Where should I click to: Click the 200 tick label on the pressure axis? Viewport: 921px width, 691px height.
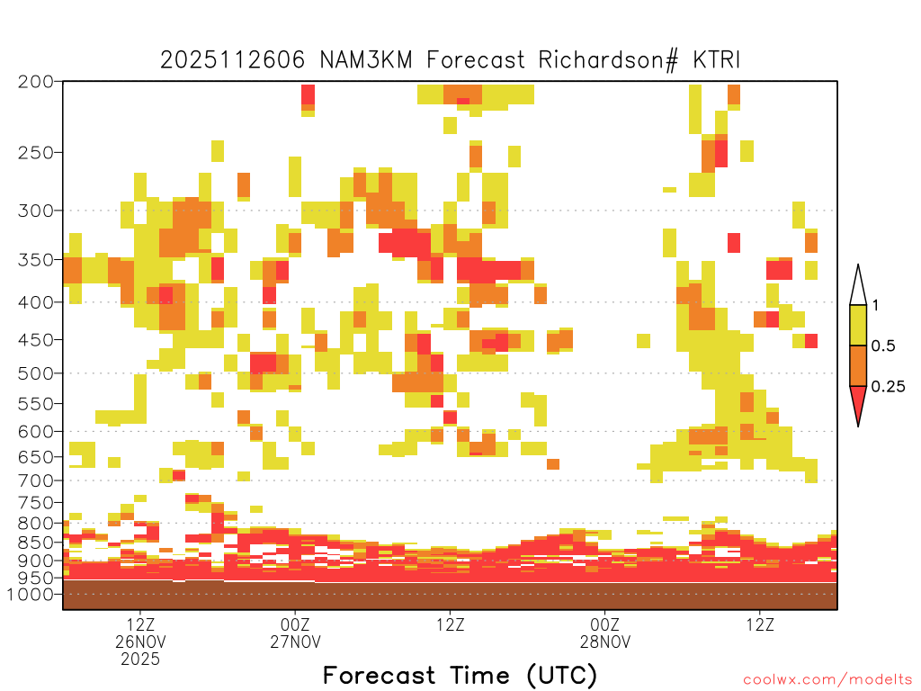point(36,81)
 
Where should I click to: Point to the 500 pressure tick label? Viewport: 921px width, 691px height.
point(36,373)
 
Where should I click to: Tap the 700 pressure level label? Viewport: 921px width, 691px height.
point(36,480)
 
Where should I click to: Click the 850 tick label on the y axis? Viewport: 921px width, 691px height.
point(36,542)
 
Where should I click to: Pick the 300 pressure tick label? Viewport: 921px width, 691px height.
point(36,211)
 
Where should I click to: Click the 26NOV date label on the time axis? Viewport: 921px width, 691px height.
point(140,641)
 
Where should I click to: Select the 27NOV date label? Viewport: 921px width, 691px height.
point(295,641)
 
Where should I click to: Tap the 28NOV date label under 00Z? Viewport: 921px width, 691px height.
point(605,641)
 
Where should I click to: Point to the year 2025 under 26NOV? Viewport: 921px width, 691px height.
point(140,659)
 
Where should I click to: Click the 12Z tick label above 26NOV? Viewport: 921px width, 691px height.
point(140,624)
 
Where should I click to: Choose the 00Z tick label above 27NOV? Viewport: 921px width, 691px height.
point(295,624)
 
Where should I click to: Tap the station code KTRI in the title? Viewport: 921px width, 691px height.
point(717,60)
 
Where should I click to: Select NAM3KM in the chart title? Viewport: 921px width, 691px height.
point(366,60)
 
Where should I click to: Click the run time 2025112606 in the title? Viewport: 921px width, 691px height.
point(233,60)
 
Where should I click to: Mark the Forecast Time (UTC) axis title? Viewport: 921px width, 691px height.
point(460,675)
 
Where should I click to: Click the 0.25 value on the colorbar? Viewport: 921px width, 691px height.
point(888,386)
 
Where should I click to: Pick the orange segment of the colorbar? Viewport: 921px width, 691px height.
point(858,365)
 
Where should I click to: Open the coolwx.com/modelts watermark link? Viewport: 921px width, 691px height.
point(827,679)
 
